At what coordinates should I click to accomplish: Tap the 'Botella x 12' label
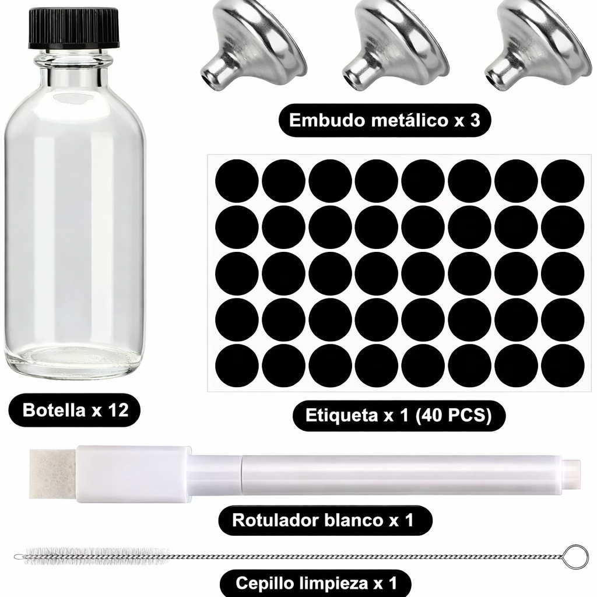75,410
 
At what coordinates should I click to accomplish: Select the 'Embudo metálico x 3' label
384,121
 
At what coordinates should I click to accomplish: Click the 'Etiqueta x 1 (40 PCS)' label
398,416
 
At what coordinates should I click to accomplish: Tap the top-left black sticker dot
237,181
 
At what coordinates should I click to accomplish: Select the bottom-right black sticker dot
563,366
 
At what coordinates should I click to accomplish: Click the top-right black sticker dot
563,181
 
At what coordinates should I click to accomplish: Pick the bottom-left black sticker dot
237,366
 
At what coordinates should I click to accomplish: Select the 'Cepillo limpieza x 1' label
316,582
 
